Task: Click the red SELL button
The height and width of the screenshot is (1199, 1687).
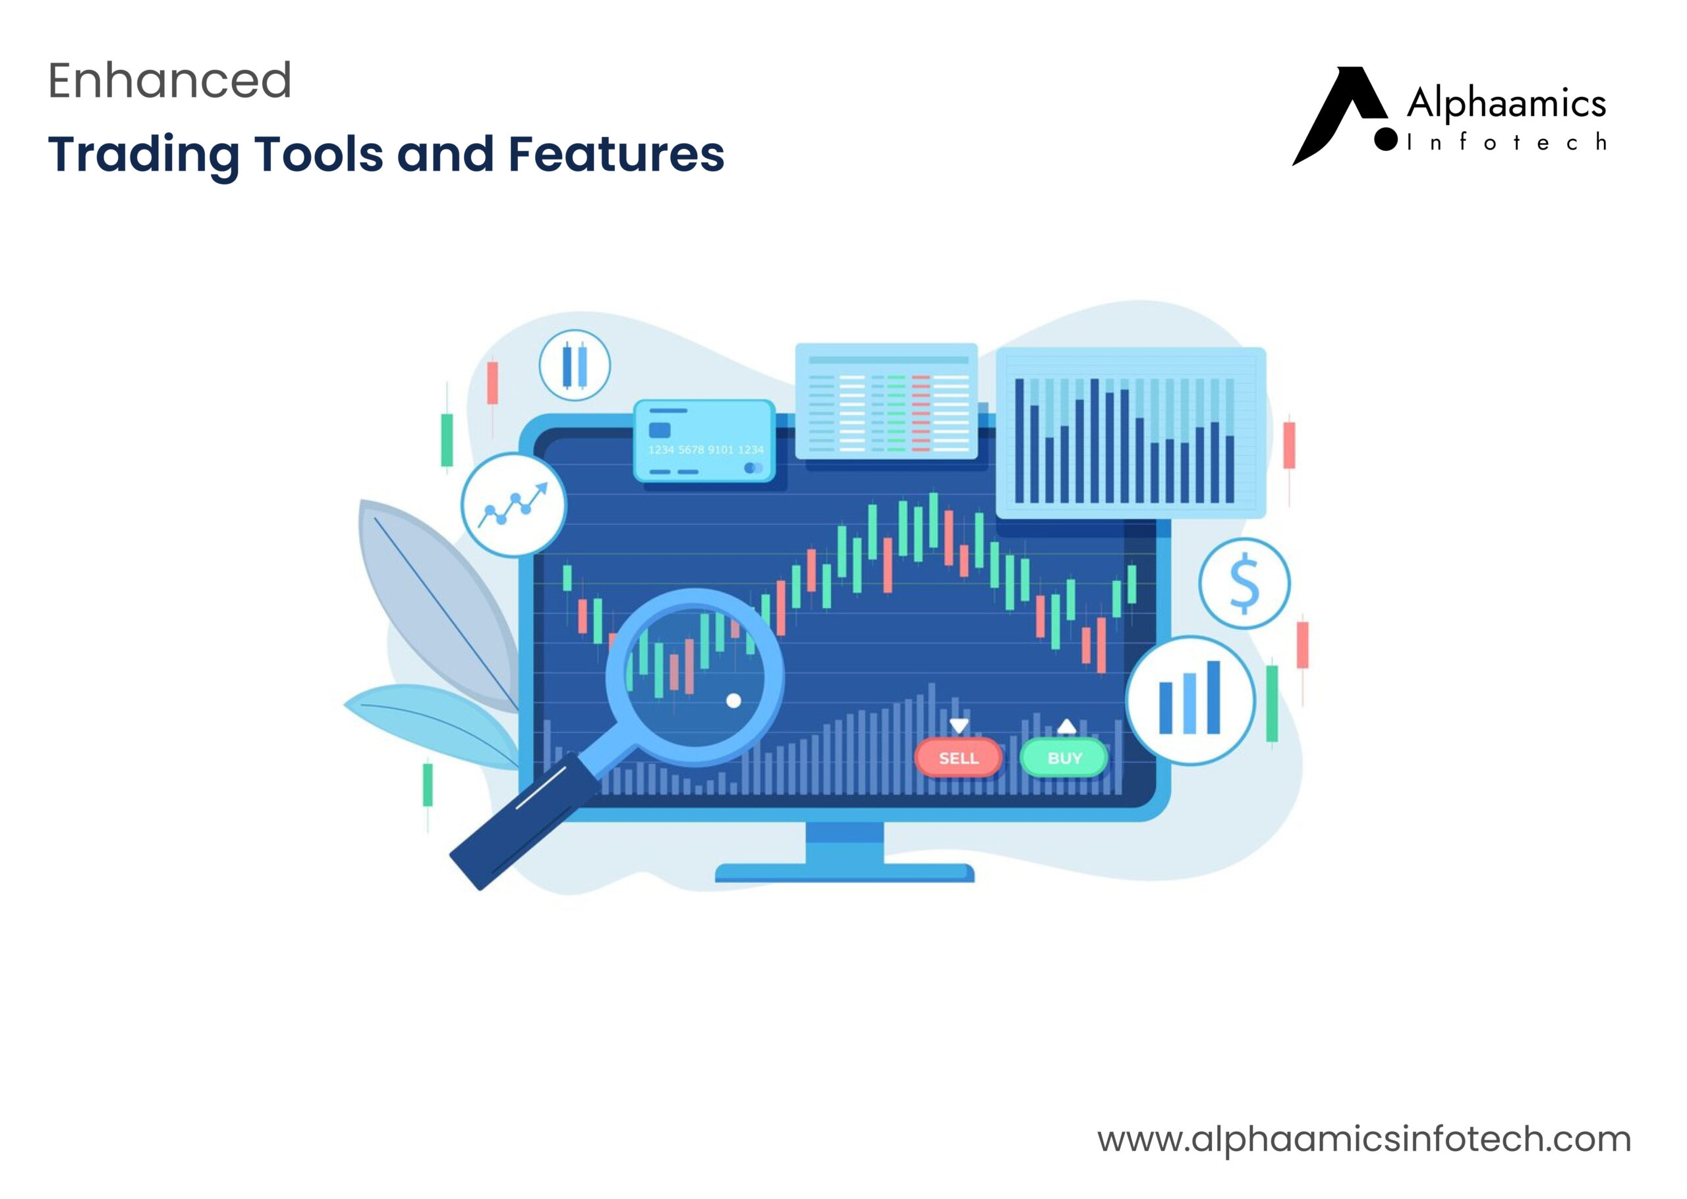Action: click(x=958, y=758)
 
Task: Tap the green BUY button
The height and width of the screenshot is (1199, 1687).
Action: click(x=1063, y=758)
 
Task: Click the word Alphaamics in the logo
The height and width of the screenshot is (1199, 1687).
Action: click(x=1506, y=104)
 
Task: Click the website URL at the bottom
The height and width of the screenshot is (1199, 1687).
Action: click(x=1363, y=1139)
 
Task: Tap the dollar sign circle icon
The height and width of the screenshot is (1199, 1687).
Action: click(x=1244, y=583)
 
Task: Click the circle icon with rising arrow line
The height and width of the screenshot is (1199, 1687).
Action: click(x=513, y=504)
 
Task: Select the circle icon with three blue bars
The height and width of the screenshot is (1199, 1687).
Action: click(x=1189, y=699)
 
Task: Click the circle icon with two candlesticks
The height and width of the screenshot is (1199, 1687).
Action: click(x=575, y=365)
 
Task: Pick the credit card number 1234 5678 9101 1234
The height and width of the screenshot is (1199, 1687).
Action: click(x=705, y=449)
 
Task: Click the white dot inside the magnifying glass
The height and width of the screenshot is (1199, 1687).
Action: click(x=733, y=700)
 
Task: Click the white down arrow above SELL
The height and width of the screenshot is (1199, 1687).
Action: click(x=958, y=725)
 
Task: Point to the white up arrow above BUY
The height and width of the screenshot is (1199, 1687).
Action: click(x=1066, y=726)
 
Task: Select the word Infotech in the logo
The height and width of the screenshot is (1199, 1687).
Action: click(x=1506, y=142)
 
